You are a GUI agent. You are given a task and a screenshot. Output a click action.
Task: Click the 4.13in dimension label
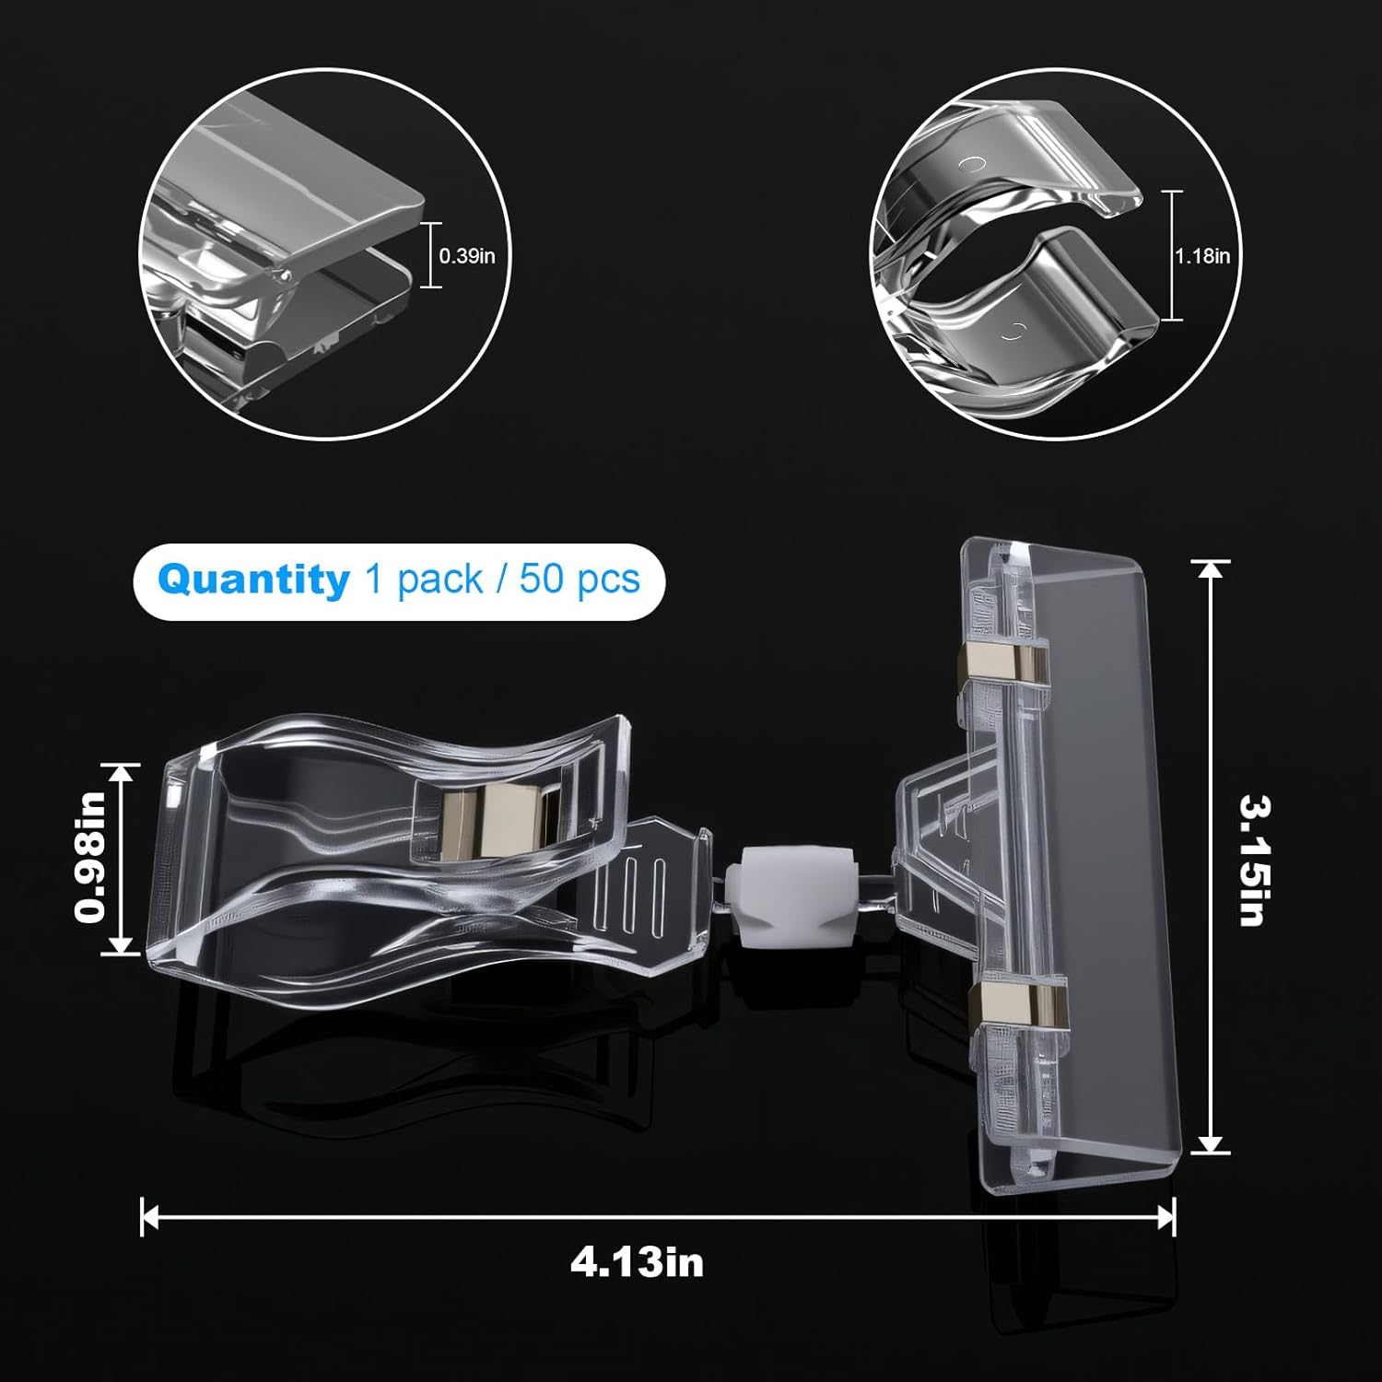[637, 1261]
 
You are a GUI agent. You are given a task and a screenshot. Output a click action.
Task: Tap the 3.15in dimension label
[1254, 861]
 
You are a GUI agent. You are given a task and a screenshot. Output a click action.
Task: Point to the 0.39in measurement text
[467, 255]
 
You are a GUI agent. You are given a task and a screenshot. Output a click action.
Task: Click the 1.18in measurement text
[1202, 256]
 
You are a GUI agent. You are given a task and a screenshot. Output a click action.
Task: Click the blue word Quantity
[253, 580]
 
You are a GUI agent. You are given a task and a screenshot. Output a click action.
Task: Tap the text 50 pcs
[580, 580]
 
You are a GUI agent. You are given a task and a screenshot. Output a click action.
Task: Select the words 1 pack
[424, 580]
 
